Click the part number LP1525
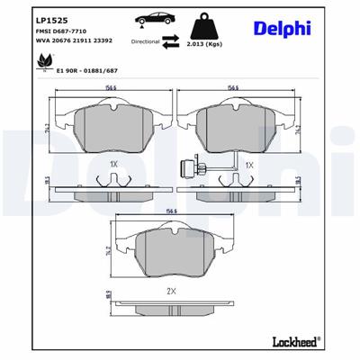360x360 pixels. (x=27, y=20)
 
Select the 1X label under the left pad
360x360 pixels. (x=113, y=166)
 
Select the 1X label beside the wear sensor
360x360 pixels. (x=249, y=166)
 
